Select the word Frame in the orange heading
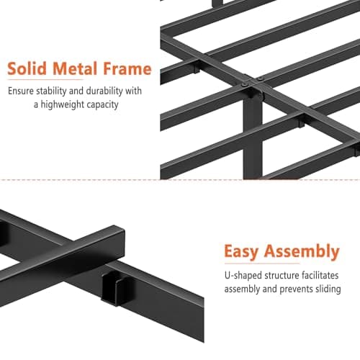[x=127, y=70]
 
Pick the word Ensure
[x=22, y=91]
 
